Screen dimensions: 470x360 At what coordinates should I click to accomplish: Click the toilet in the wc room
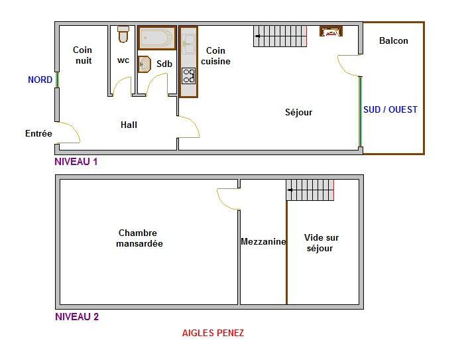click(x=123, y=34)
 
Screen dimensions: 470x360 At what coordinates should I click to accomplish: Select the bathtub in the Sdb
click(x=156, y=38)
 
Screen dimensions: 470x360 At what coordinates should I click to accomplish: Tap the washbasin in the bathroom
click(x=145, y=64)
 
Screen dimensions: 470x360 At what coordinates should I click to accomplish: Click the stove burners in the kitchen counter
click(x=189, y=76)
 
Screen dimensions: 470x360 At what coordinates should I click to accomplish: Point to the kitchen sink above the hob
click(x=189, y=44)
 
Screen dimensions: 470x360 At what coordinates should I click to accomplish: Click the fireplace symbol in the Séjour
click(x=331, y=31)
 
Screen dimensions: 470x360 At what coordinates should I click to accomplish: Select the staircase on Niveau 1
click(x=280, y=36)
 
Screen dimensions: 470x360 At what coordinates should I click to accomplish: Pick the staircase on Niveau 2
click(x=310, y=190)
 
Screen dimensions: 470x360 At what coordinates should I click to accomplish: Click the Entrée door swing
click(x=70, y=132)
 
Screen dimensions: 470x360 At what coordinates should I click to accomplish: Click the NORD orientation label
click(x=40, y=80)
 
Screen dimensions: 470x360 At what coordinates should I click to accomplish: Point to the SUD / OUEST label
click(x=390, y=109)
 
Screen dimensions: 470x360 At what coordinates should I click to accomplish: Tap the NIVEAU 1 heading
click(x=76, y=162)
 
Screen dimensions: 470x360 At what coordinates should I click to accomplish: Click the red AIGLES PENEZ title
click(x=213, y=333)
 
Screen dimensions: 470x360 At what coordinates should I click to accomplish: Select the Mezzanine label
click(x=263, y=241)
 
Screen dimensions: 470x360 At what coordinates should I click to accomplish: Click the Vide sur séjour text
click(x=321, y=243)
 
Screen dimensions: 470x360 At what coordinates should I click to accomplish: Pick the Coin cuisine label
click(x=215, y=56)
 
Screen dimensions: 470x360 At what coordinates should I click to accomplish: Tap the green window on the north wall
click(x=57, y=80)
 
